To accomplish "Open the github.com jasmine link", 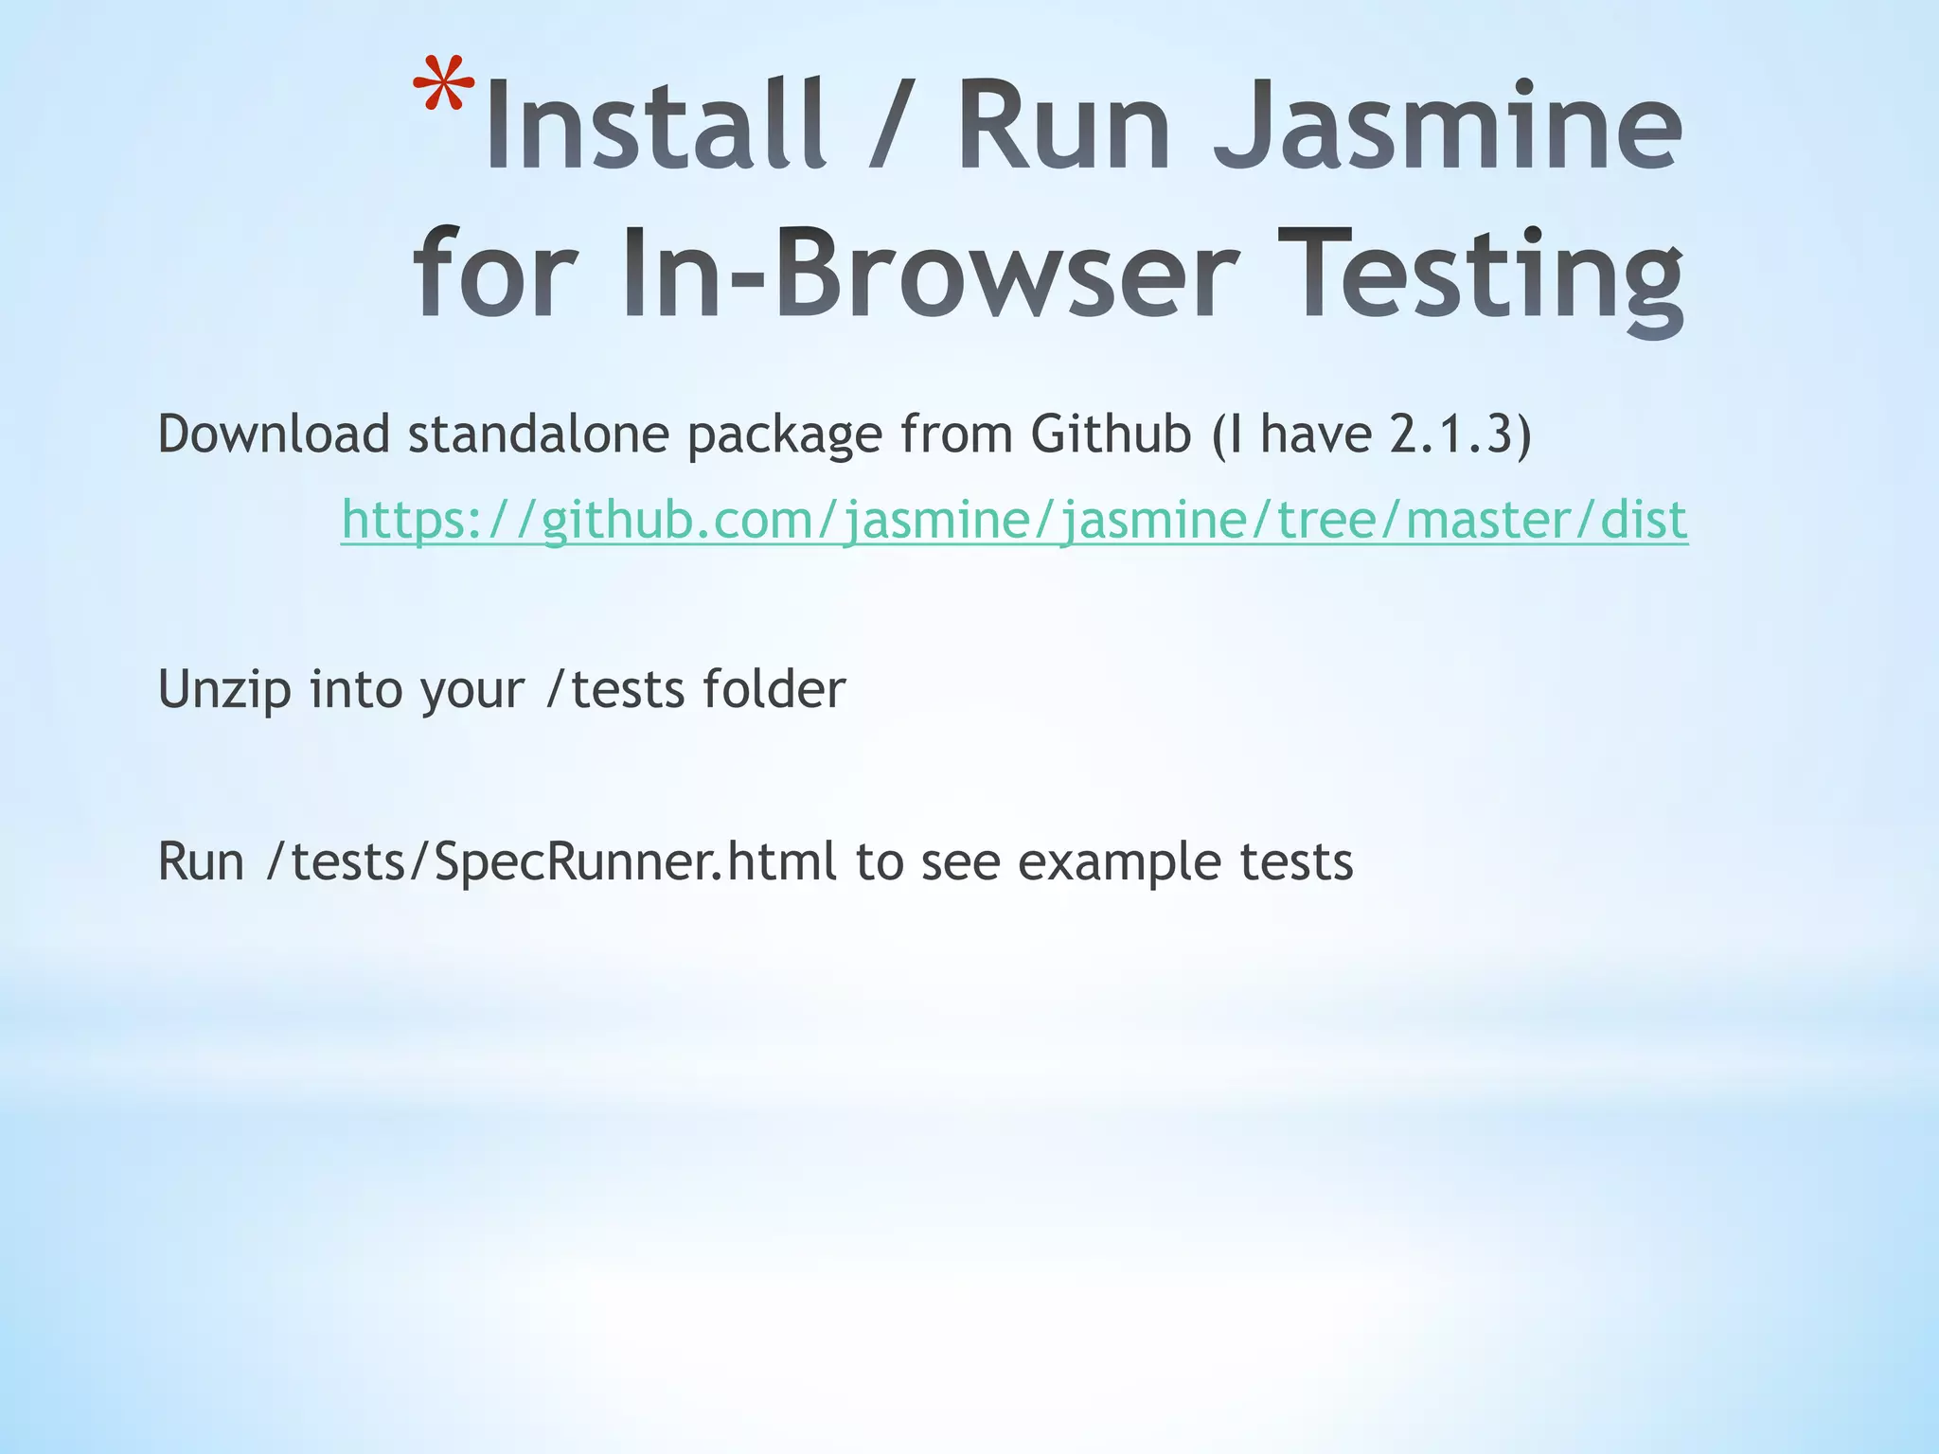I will [x=1014, y=520].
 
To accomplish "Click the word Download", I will [x=274, y=434].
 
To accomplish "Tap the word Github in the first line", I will [x=1111, y=434].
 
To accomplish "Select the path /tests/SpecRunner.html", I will [x=552, y=862].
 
